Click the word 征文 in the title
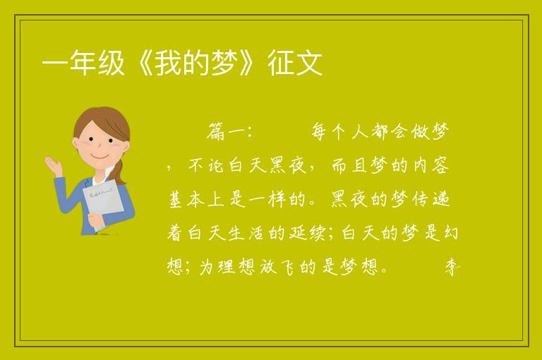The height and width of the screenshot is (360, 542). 295,63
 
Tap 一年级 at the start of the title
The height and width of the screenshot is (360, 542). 83,63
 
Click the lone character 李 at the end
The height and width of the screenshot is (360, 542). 452,267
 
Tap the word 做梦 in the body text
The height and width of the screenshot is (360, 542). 430,132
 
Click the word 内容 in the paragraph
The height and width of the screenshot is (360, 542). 431,165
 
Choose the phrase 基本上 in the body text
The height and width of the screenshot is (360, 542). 196,199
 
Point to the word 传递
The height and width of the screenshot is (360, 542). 430,199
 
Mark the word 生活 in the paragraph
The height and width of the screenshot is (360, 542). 246,233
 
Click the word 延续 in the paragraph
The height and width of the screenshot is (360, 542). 307,233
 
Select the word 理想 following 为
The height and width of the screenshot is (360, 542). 236,267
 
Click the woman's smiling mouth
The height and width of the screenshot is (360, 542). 100,157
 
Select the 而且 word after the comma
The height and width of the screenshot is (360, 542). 349,165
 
